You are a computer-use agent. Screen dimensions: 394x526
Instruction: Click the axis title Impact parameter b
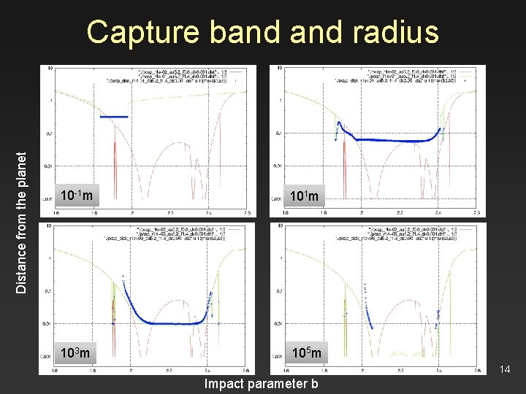point(261,384)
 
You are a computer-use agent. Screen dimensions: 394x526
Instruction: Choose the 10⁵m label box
point(307,353)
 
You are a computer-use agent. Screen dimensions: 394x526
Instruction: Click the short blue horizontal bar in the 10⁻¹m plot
point(113,117)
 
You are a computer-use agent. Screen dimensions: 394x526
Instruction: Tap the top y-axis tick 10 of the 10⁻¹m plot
point(49,69)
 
